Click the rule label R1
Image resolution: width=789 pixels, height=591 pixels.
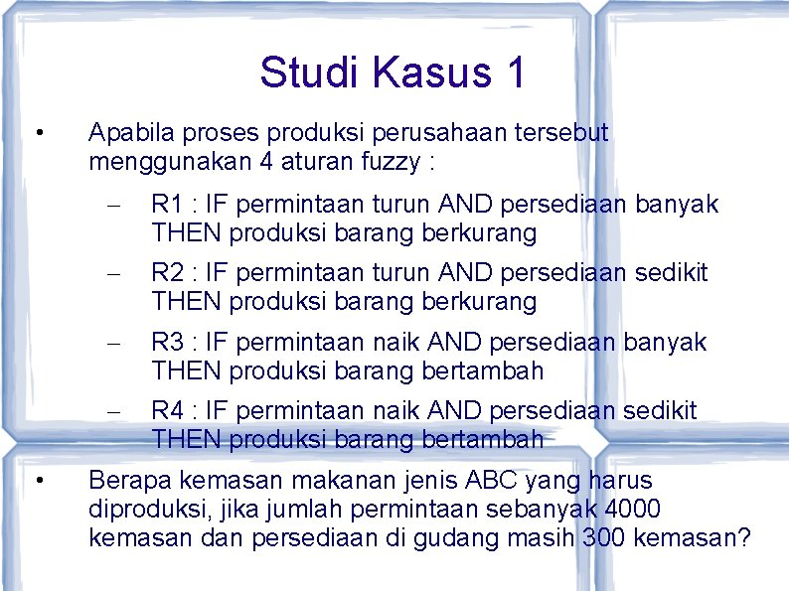pyautogui.click(x=166, y=205)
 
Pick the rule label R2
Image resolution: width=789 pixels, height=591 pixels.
pyautogui.click(x=166, y=272)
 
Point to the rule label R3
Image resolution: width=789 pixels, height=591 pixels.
pyautogui.click(x=166, y=342)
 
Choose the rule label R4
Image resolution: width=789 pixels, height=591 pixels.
pyautogui.click(x=166, y=410)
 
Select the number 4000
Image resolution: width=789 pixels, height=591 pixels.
pyautogui.click(x=631, y=510)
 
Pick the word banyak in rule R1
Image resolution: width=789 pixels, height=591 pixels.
pyautogui.click(x=677, y=205)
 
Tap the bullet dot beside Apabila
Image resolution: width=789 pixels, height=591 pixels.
pyautogui.click(x=37, y=132)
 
